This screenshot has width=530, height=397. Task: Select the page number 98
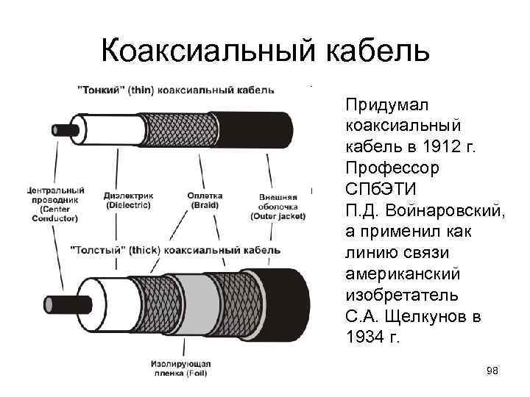tap(492, 371)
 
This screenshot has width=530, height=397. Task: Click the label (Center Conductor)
tap(55, 213)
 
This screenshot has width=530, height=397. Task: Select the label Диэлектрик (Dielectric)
tap(129, 201)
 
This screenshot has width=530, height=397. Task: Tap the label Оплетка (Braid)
tap(205, 201)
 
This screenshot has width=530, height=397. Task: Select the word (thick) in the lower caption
tap(145, 250)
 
